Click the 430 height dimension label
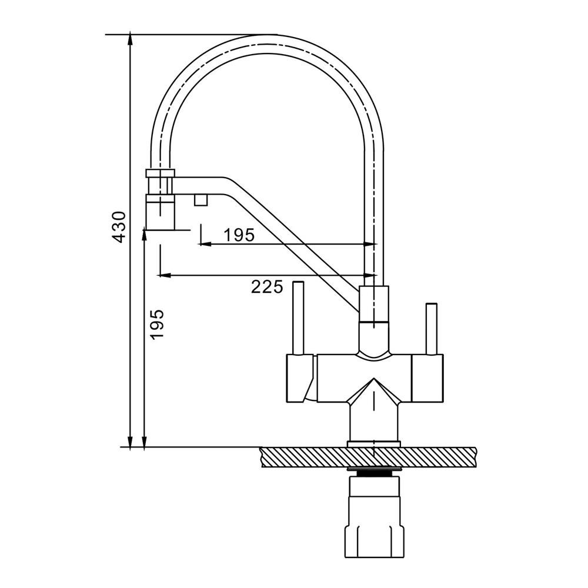coord(119,227)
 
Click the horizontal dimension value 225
coord(267,288)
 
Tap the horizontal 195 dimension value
coord(239,235)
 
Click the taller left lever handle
coord(299,318)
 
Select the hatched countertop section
coord(369,457)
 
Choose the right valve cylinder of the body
coord(427,378)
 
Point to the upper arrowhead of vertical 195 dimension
coord(145,235)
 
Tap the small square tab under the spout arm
coord(201,200)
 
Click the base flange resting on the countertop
coord(374,443)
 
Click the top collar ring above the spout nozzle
coord(160,173)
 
